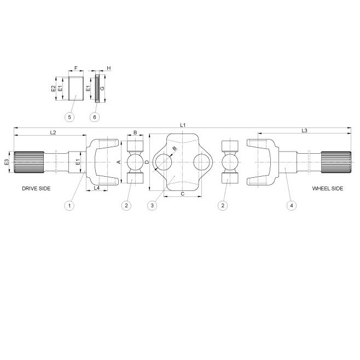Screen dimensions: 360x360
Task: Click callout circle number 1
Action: (x=69, y=206)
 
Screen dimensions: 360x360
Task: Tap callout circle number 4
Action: (x=292, y=206)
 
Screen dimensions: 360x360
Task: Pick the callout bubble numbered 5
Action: (x=69, y=117)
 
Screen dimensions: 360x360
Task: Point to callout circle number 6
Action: (x=95, y=117)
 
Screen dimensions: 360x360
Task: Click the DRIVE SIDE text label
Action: (x=37, y=188)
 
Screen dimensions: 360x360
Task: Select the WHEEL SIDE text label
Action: (x=327, y=188)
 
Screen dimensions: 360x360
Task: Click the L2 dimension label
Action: (x=53, y=132)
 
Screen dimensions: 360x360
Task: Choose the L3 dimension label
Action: (x=304, y=130)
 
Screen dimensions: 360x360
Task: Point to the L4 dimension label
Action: (x=97, y=188)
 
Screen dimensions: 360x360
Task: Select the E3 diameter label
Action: (x=7, y=162)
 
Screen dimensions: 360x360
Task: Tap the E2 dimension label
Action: (x=53, y=89)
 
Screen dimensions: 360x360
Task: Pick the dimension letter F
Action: (x=76, y=68)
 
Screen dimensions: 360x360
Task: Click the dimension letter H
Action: (x=109, y=68)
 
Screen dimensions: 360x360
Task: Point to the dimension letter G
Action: (x=103, y=89)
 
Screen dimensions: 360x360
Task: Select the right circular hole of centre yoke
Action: (x=201, y=162)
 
